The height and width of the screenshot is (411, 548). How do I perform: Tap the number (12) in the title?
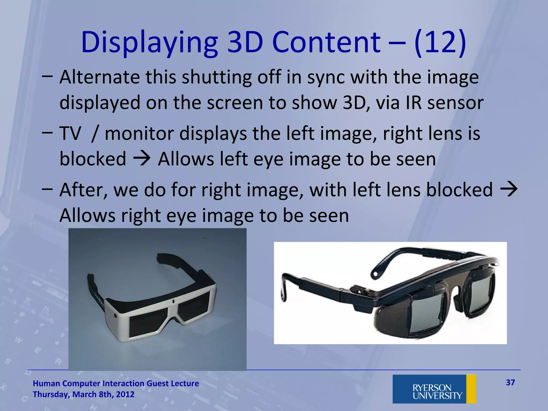440,43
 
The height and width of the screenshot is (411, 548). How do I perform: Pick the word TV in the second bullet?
70,134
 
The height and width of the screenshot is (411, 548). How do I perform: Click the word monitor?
139,134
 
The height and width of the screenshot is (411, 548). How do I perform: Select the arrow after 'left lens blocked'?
508,189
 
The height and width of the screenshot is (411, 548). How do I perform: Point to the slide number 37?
510,383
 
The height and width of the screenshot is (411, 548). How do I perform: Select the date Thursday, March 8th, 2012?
83,394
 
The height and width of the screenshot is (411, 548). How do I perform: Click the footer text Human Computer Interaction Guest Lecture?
116,383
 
